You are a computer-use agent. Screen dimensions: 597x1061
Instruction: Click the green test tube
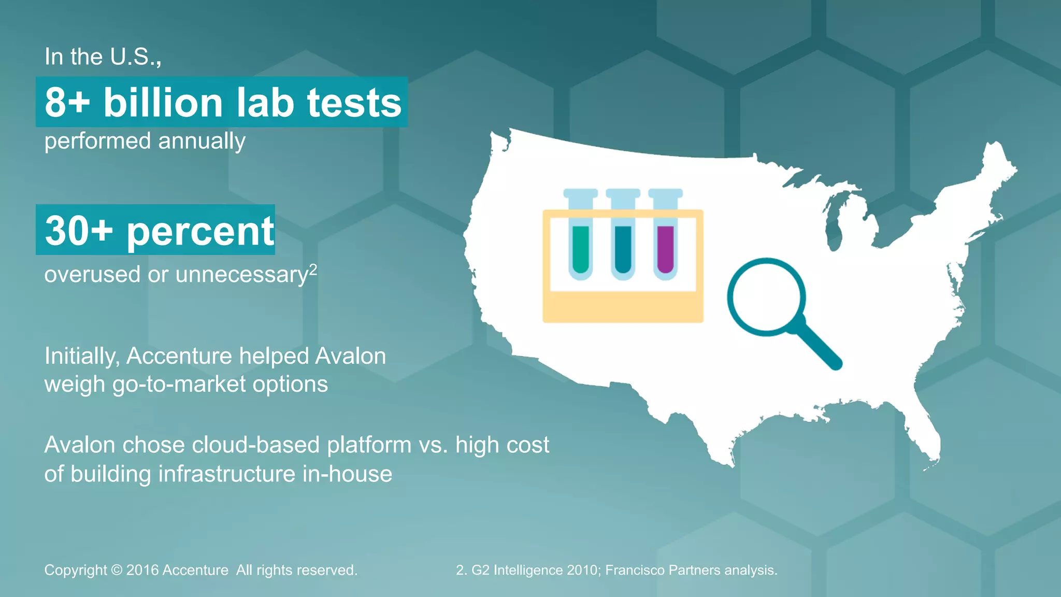pos(581,249)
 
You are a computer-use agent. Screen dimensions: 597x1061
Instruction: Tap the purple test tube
pos(665,249)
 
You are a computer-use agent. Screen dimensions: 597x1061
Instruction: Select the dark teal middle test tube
pos(623,249)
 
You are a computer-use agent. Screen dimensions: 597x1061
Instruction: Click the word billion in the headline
pos(163,102)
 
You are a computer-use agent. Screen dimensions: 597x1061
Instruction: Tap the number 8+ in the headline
pos(67,102)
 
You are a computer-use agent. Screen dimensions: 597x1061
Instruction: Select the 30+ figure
pos(78,231)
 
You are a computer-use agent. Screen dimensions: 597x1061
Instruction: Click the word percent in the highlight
pos(200,232)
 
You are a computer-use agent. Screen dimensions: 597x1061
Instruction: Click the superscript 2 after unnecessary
pos(312,269)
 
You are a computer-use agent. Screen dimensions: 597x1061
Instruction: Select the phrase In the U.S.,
pos(103,56)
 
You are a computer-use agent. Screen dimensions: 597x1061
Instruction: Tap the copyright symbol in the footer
pos(117,570)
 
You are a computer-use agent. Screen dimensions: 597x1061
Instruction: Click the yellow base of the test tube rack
pos(622,307)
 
